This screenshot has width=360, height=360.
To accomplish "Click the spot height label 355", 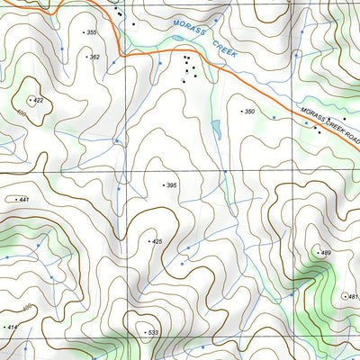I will [91, 32].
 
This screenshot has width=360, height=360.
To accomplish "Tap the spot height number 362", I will [94, 57].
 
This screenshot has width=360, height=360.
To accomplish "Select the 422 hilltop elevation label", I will [39, 100].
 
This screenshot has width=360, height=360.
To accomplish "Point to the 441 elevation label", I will [23, 199].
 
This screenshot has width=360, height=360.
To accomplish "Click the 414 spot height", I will [12, 327].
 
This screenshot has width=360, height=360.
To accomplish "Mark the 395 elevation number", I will [171, 185].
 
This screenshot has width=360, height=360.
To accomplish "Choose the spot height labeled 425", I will [157, 241].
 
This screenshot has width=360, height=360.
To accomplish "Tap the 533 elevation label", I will [153, 333].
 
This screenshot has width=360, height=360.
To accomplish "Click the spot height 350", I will [249, 111].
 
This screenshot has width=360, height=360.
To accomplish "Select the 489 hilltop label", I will [326, 253].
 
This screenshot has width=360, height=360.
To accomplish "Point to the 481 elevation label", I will [352, 296].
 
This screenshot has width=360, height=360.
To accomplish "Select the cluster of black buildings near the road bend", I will [188, 67].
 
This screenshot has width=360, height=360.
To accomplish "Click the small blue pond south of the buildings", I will [215, 129].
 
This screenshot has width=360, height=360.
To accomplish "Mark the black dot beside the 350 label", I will [240, 111].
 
